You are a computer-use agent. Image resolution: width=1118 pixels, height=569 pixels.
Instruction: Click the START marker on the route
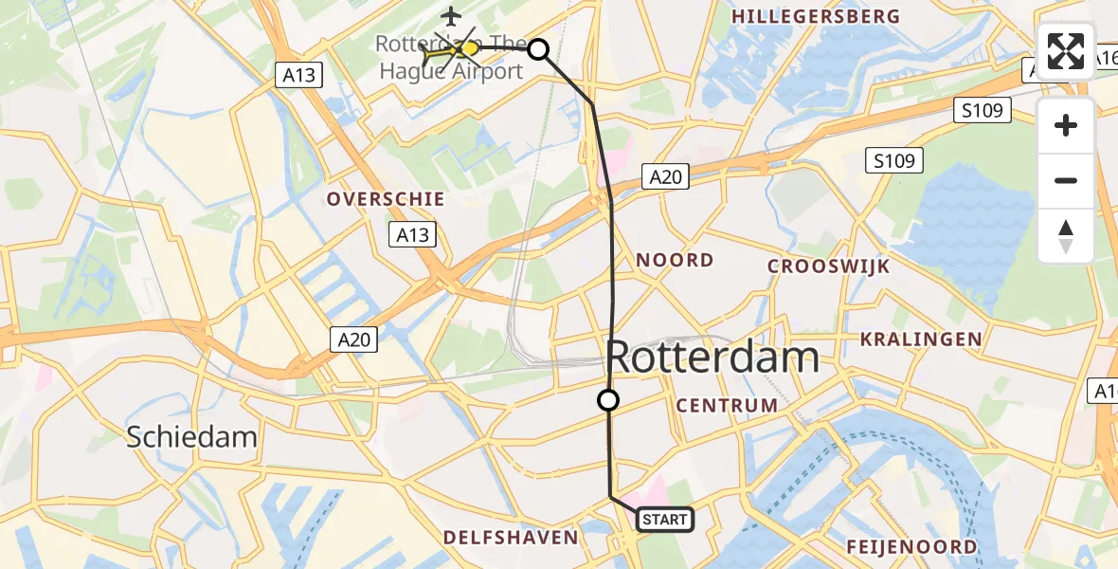666,519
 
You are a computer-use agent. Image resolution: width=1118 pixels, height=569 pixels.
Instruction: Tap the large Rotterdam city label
712,358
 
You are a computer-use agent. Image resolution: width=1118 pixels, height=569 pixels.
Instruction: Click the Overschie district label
386,198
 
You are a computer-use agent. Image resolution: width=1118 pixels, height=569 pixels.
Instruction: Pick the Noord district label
675,260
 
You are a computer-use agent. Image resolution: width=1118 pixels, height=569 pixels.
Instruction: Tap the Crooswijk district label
829,266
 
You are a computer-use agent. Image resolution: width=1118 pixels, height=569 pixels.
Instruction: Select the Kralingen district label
920,339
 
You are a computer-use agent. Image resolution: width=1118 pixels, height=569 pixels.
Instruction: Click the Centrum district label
728,406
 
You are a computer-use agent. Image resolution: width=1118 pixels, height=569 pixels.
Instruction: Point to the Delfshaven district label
511,538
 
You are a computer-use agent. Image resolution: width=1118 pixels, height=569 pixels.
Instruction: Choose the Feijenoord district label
911,547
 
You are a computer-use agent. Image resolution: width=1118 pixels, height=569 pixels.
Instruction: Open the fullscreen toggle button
1066,51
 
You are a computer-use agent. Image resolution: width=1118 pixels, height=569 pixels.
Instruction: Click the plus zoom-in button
1066,125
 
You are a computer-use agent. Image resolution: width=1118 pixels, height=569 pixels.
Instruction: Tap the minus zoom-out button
1066,180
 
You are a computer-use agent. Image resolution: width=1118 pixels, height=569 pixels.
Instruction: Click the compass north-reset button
1066,235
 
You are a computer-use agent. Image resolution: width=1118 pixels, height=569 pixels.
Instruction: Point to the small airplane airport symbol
451,16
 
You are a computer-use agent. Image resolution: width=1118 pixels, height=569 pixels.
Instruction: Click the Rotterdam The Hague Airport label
449,58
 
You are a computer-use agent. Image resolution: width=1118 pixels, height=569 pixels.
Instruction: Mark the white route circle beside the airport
538,49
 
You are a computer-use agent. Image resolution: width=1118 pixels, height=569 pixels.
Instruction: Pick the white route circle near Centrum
608,400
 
